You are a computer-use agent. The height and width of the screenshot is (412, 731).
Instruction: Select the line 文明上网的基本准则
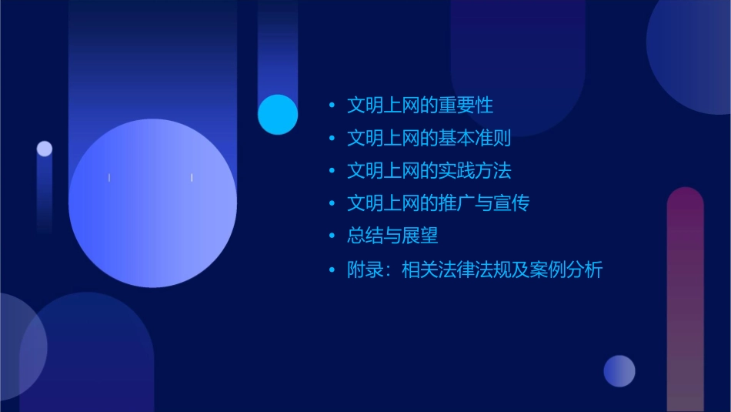(429, 139)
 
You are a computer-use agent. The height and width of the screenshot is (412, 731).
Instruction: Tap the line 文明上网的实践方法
(429, 171)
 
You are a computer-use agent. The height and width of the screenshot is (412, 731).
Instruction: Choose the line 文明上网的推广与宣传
(438, 203)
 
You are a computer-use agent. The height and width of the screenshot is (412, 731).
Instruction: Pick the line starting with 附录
(474, 270)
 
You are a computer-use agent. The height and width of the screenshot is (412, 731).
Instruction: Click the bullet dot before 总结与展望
(332, 236)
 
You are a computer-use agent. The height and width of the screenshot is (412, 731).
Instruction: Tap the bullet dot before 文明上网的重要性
(332, 106)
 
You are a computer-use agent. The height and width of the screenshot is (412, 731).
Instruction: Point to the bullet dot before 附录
(332, 270)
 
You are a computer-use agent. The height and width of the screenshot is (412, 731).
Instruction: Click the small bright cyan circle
(278, 114)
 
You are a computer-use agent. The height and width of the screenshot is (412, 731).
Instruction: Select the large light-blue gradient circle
(152, 203)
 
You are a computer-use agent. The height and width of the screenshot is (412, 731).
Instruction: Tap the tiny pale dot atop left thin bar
(45, 149)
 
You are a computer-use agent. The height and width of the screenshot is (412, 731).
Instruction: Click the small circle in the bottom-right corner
(619, 370)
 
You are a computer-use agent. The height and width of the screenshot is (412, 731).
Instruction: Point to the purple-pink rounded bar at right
(685, 300)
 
